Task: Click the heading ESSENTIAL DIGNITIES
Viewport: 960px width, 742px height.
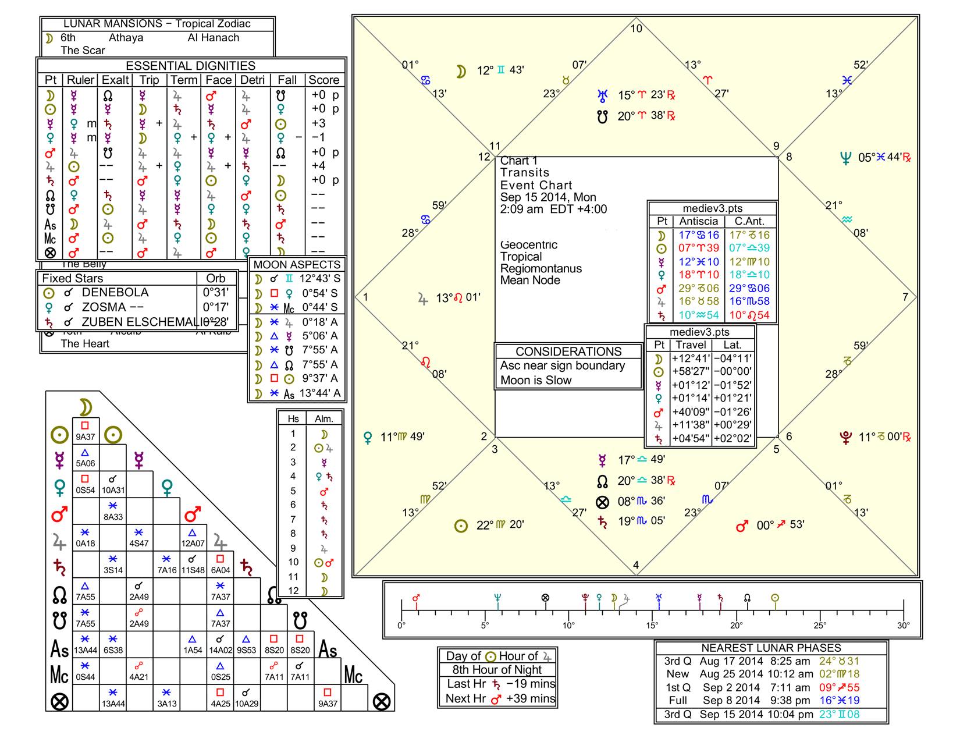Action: (190, 66)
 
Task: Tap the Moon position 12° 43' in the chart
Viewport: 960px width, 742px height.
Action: (500, 70)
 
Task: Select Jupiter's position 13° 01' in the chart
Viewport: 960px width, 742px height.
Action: (458, 299)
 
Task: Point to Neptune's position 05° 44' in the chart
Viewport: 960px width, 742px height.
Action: (879, 158)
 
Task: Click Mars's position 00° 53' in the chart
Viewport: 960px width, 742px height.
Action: (780, 526)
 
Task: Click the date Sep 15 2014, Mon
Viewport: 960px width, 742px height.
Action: (548, 197)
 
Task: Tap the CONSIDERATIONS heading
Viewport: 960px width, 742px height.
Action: (568, 352)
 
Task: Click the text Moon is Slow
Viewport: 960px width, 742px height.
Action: (536, 380)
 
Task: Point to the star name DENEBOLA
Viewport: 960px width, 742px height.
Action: (115, 292)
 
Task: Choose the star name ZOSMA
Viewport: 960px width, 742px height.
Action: (104, 307)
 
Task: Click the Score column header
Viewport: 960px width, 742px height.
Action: (323, 80)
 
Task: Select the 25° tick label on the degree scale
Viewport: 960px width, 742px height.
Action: (820, 626)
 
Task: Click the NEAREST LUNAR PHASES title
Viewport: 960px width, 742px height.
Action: (771, 648)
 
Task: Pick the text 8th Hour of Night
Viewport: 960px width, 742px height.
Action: (497, 670)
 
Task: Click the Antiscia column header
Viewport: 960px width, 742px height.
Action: (698, 221)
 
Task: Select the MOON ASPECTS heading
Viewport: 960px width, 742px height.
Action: (297, 264)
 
